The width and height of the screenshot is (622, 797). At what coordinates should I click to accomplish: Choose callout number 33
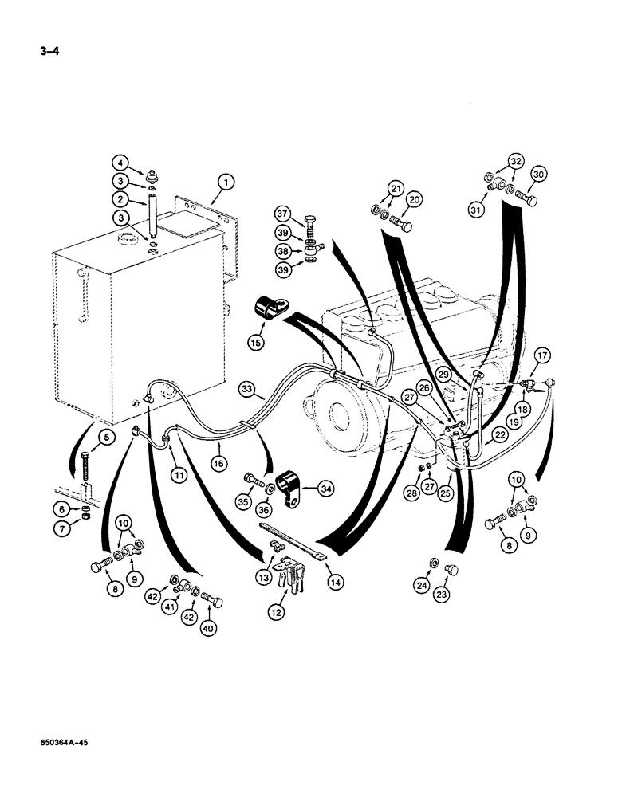[x=248, y=390]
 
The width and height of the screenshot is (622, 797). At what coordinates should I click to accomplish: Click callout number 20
[x=414, y=200]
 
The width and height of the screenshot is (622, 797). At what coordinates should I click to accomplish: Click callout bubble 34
[x=327, y=489]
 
